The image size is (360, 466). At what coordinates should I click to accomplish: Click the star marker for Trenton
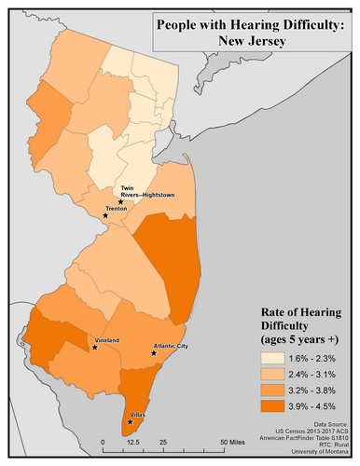(x=105, y=215)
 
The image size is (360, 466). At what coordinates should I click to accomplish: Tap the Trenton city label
(x=117, y=210)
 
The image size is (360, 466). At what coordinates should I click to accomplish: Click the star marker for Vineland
(x=95, y=348)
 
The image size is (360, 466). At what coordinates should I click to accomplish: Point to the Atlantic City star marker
(x=153, y=353)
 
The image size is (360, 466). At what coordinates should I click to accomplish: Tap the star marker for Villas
(x=130, y=422)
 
